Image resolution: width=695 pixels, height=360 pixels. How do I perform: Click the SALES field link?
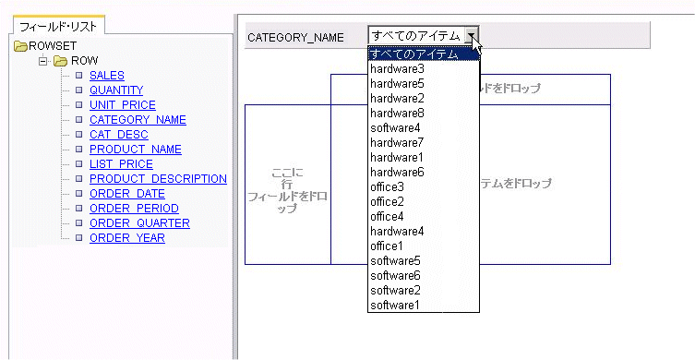pyautogui.click(x=107, y=76)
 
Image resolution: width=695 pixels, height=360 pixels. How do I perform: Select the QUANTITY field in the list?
pyautogui.click(x=116, y=90)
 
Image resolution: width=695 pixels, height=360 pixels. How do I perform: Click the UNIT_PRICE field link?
pyautogui.click(x=123, y=105)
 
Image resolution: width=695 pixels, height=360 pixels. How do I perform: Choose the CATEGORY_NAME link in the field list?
pyautogui.click(x=138, y=120)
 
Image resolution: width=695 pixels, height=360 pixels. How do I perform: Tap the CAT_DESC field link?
pyautogui.click(x=119, y=135)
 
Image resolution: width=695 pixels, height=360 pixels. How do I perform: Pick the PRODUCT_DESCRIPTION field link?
pyautogui.click(x=158, y=179)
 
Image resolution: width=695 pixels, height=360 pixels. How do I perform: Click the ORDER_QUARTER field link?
pyautogui.click(x=139, y=223)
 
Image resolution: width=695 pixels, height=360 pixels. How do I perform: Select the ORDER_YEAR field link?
pyautogui.click(x=127, y=238)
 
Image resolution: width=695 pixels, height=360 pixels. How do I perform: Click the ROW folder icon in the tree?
pyautogui.click(x=61, y=61)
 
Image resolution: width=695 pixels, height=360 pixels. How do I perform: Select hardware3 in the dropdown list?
pyautogui.click(x=397, y=69)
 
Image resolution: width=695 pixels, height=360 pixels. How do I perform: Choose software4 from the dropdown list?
pyautogui.click(x=395, y=128)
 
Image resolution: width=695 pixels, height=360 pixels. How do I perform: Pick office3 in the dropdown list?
pyautogui.click(x=387, y=187)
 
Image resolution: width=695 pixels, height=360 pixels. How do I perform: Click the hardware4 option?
pyautogui.click(x=397, y=232)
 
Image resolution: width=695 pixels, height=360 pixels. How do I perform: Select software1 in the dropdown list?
pyautogui.click(x=395, y=306)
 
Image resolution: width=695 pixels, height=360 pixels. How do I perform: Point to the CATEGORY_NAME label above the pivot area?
pyautogui.click(x=295, y=38)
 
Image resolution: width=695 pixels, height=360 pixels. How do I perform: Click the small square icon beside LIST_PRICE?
pyautogui.click(x=79, y=164)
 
